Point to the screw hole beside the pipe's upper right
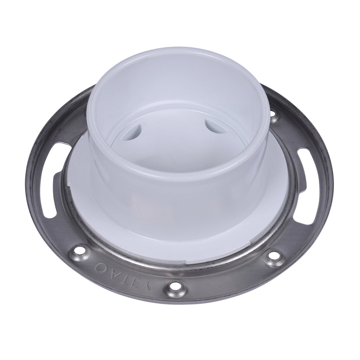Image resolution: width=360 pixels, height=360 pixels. click(273, 113)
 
